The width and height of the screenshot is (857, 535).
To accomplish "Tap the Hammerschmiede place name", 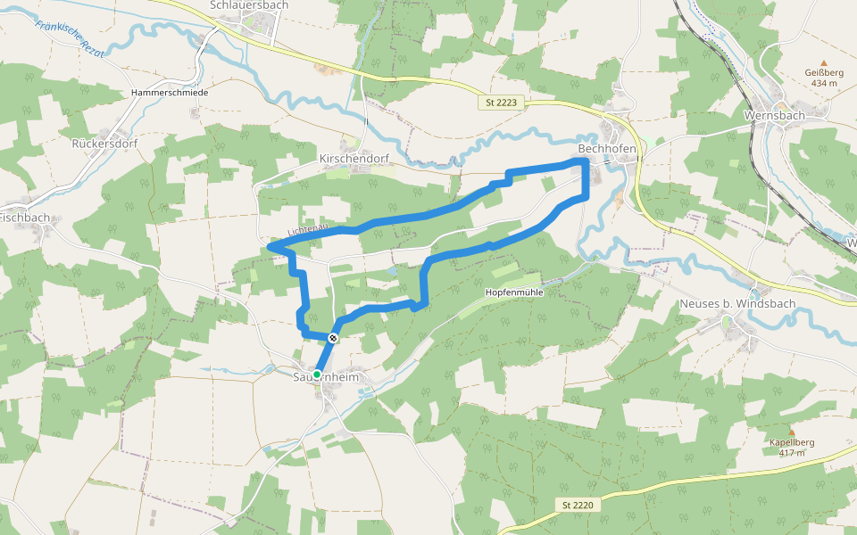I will point(169,93).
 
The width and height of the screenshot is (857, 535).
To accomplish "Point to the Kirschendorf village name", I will point(354,159).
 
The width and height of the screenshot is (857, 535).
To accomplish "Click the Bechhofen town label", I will point(607,148).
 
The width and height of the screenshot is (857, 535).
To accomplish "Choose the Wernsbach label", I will point(774,115).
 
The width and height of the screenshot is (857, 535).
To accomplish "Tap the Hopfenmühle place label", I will point(514,292).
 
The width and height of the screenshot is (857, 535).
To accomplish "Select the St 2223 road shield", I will point(501,103).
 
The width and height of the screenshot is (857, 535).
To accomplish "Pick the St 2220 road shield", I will point(578,506).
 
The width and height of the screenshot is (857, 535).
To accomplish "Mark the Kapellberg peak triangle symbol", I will point(791,432).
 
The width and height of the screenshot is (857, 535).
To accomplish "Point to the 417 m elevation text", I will point(791,453).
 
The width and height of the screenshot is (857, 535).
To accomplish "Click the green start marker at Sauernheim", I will point(317,374).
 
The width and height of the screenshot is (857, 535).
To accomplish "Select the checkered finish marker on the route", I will point(333,337).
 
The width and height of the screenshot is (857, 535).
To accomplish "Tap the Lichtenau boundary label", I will point(307,231).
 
